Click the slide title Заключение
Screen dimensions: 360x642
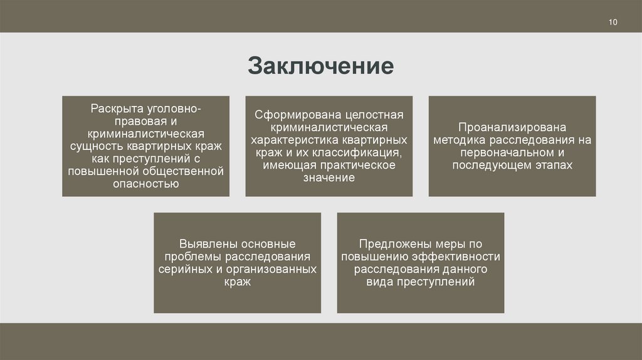[x=320, y=66]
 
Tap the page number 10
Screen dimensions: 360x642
[x=613, y=23]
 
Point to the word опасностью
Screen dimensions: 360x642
[x=146, y=184]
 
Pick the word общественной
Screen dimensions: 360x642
[x=188, y=171]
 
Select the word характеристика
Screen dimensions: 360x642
[x=290, y=140]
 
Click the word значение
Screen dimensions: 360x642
[x=329, y=178]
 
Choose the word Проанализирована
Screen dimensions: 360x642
[x=512, y=128]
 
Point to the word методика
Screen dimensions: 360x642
[x=460, y=140]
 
